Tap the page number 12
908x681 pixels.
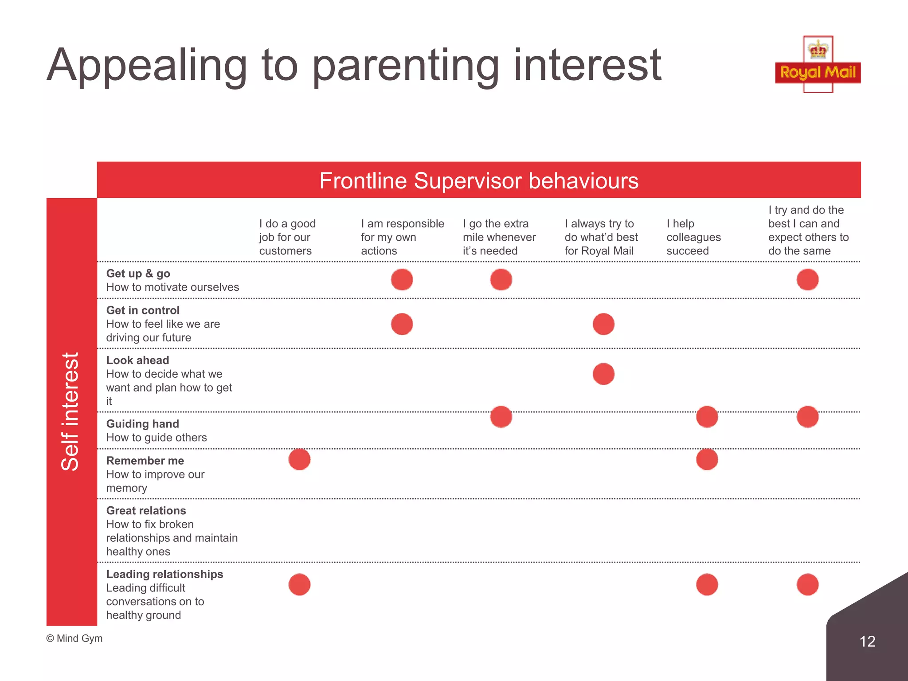tap(867, 641)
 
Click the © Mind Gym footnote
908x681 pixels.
tap(74, 638)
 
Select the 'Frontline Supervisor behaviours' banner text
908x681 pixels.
tap(479, 181)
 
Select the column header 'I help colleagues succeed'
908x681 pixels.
tap(693, 237)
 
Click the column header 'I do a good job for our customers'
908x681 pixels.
tap(287, 237)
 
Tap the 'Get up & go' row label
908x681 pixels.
tap(138, 274)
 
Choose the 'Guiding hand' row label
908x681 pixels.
tap(143, 424)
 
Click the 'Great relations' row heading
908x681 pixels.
tap(146, 511)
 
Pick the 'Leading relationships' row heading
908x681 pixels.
tap(164, 574)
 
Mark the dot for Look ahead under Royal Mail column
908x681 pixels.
tap(603, 374)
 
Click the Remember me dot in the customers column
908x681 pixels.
tap(300, 459)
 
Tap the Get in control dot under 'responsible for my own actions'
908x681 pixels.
tap(402, 324)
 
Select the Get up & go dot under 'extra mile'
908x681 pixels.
tap(501, 280)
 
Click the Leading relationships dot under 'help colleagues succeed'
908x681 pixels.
tap(707, 584)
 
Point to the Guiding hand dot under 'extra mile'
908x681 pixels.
tap(501, 417)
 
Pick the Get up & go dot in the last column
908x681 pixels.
tap(807, 280)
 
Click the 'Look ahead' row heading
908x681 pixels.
tap(137, 360)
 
